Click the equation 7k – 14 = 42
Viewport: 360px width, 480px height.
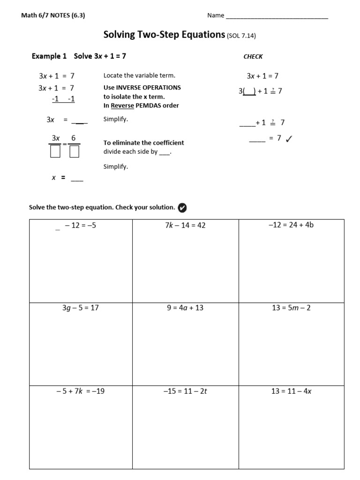[185, 225]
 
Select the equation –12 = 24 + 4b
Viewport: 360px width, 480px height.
[291, 225]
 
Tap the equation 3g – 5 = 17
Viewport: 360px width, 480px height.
[81, 308]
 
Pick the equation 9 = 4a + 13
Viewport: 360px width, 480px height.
[185, 308]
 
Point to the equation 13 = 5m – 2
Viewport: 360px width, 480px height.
[291, 308]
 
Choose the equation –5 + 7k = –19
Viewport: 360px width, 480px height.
[80, 391]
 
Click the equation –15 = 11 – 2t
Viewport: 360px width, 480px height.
[185, 391]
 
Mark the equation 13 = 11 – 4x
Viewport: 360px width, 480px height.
[291, 391]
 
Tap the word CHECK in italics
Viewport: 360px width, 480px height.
[253, 57]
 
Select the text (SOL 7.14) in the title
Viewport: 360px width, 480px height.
[241, 36]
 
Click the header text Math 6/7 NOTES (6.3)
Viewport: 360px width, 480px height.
[53, 15]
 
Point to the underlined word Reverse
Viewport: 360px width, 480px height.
[122, 105]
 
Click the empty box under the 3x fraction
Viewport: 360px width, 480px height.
[55, 151]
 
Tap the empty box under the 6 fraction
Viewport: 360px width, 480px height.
[74, 151]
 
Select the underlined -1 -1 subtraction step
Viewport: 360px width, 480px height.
[63, 99]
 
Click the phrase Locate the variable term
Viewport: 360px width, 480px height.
[139, 75]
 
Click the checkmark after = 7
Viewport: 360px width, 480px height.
[289, 138]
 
